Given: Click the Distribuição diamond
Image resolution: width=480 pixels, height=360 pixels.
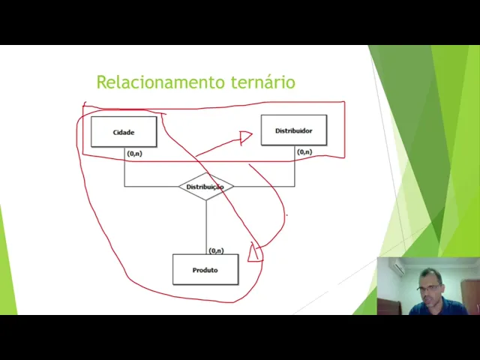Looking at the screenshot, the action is point(205,187).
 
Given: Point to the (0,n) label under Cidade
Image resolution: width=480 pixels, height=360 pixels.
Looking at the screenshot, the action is point(134,153).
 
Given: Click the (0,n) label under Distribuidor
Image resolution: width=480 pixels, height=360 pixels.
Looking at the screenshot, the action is point(304,152).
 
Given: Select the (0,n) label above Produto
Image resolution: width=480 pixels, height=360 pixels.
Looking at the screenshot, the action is point(216,250).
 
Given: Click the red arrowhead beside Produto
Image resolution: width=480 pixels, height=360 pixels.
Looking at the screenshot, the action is point(255,252).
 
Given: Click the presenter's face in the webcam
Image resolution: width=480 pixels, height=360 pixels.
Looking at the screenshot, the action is point(430,286).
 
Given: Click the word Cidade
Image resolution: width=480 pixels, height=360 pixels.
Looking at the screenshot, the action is point(124,133).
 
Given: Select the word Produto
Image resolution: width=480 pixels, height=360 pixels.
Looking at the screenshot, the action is point(205,270).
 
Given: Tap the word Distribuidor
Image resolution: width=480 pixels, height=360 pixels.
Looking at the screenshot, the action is point(293,130).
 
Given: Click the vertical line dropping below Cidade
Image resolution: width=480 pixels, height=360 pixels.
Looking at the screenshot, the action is point(124,169).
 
